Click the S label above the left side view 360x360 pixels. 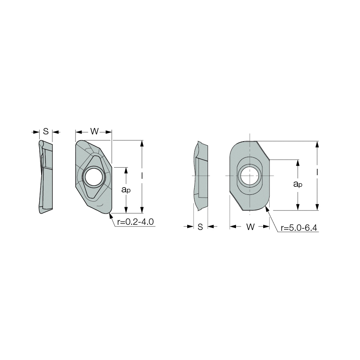(x=46, y=132)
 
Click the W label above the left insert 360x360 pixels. (x=94, y=132)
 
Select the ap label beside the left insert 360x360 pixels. (x=126, y=190)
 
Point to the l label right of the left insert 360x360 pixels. (x=142, y=176)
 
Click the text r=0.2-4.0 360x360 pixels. (x=135, y=222)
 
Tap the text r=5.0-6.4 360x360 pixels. (x=299, y=228)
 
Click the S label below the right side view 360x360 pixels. (x=200, y=227)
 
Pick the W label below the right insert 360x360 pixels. (x=250, y=227)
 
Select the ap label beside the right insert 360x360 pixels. (x=298, y=184)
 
